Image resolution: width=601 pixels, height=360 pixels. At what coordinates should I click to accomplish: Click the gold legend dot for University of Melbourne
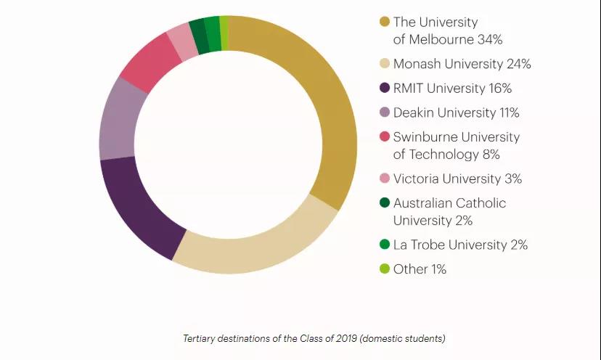click(384, 22)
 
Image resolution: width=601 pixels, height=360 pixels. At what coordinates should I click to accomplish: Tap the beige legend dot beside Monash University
click(384, 64)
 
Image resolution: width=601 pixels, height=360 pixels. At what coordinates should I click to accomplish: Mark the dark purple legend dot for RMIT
click(384, 89)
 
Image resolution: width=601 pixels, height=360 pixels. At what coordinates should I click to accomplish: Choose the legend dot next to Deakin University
click(384, 112)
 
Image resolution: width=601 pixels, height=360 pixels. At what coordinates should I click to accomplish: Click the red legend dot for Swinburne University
click(384, 136)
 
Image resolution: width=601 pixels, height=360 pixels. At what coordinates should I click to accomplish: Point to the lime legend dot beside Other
click(384, 269)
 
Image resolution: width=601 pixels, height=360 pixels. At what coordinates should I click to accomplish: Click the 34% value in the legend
click(488, 39)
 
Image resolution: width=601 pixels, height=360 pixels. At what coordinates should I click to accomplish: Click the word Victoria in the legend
click(417, 179)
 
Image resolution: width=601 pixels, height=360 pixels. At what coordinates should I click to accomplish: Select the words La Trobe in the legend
click(418, 245)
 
